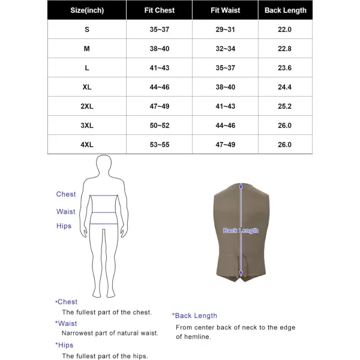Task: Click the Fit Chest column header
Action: pos(160,10)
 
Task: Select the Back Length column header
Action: pos(286,10)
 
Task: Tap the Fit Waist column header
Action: pos(226,10)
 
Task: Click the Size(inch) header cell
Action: pos(87,10)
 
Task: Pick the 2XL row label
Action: pos(87,106)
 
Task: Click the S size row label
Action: pos(87,29)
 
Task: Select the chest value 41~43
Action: pos(160,68)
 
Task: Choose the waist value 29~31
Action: pos(226,29)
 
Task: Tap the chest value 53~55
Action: pos(160,145)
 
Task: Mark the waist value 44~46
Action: pos(226,125)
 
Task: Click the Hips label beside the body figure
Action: pos(64,226)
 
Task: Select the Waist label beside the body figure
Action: pos(66,212)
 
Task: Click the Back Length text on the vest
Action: pos(241,230)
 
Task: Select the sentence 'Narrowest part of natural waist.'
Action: pos(110,333)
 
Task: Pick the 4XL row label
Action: pos(87,145)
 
